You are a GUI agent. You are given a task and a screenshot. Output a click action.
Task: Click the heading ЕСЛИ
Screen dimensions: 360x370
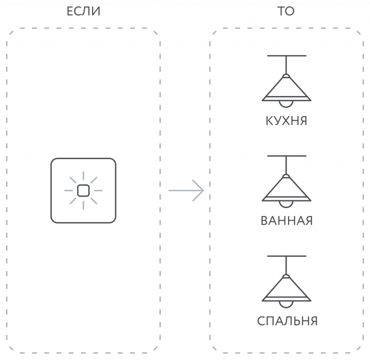tap(83, 12)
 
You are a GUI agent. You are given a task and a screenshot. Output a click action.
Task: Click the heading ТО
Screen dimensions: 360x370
tap(286, 12)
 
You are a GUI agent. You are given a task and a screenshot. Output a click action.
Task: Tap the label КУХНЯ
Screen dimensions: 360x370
tap(287, 121)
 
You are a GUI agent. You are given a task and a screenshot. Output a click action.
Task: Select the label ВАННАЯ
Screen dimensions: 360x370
tap(287, 221)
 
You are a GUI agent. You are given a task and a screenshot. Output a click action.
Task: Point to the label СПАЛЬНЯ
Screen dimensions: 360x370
tap(287, 321)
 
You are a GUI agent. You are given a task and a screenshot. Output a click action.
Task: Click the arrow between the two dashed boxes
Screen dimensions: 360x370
tap(186, 190)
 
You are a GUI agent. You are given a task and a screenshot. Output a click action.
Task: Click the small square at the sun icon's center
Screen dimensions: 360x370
tap(83, 190)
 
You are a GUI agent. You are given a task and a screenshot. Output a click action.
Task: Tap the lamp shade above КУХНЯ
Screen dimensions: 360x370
tap(287, 89)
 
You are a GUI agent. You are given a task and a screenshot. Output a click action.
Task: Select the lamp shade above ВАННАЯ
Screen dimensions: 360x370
tap(287, 189)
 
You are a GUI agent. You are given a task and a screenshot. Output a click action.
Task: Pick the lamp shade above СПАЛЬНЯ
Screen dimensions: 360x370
tap(287, 289)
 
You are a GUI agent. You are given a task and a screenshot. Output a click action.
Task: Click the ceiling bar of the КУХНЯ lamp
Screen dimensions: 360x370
tap(287, 56)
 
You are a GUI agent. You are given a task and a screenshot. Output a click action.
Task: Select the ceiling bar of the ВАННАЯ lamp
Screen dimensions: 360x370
tap(287, 156)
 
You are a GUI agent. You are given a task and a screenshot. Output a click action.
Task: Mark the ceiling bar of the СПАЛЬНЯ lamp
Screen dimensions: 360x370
tap(287, 256)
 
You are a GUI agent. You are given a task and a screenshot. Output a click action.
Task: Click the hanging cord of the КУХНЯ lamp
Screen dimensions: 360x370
tap(286, 65)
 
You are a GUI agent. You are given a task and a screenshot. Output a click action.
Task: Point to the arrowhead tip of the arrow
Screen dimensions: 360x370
tap(204, 190)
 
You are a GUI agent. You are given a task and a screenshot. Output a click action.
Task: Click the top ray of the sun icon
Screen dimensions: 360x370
tap(83, 176)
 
